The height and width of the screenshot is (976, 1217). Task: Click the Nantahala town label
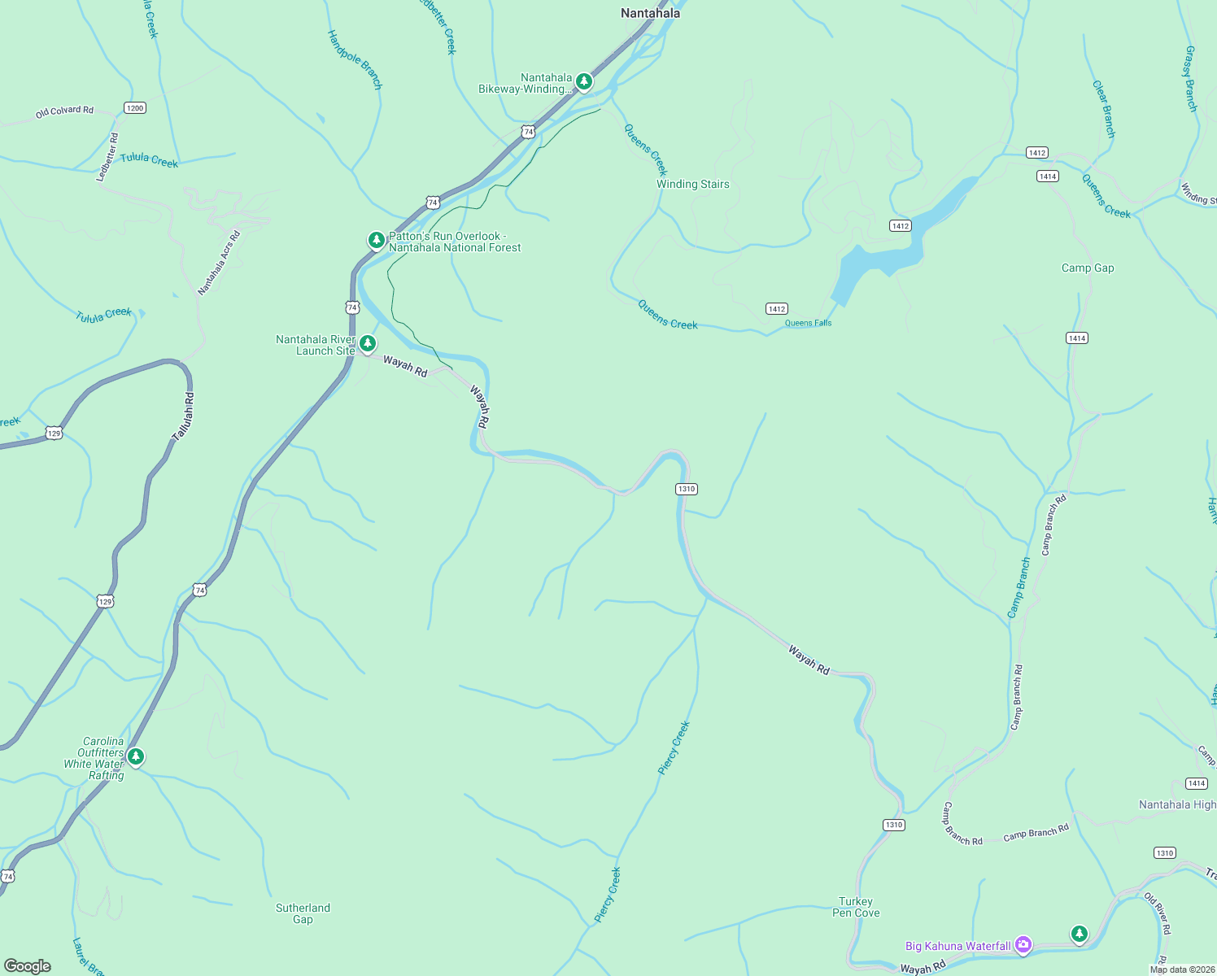tap(650, 13)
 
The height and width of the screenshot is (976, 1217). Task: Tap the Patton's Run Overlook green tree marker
tap(376, 240)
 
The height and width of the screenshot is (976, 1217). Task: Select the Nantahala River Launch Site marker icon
tap(368, 344)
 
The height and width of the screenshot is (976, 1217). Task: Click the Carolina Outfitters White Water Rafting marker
tap(136, 757)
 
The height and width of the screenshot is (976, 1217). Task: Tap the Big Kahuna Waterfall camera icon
tap(1023, 945)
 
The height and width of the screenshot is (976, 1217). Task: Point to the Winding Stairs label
tap(693, 184)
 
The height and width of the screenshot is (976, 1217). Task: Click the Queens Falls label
tap(808, 323)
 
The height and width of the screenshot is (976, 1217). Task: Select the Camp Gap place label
tap(1088, 268)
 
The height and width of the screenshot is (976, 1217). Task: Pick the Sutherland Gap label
tap(303, 913)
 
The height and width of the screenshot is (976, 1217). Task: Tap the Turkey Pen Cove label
tap(856, 907)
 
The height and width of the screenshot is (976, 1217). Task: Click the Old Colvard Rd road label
tap(64, 111)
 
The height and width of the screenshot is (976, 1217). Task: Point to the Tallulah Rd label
tap(184, 417)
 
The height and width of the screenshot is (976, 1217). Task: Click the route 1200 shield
tap(134, 107)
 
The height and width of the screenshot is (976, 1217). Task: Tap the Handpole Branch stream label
tap(355, 59)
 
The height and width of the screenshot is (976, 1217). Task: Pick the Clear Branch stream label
tap(1103, 109)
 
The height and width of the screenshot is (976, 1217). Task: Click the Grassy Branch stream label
tap(1190, 79)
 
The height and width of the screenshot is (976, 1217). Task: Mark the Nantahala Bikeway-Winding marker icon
tap(583, 81)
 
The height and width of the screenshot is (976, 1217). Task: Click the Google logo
tap(28, 966)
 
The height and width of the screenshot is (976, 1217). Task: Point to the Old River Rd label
tap(1157, 913)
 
